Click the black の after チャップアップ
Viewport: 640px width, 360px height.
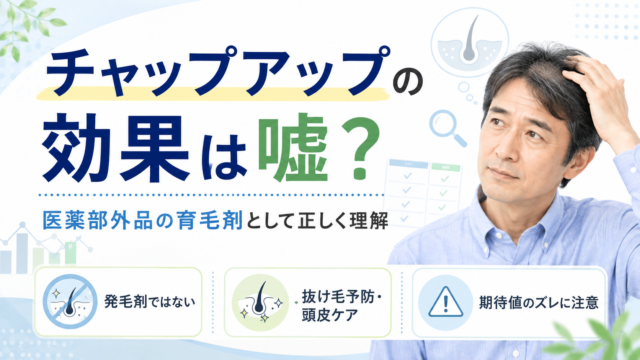click(x=408, y=83)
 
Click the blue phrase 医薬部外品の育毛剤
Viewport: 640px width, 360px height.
click(x=143, y=220)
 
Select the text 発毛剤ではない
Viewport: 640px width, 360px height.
click(x=150, y=302)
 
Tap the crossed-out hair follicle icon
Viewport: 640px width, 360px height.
click(x=70, y=301)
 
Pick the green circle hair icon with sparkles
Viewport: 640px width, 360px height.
click(x=260, y=302)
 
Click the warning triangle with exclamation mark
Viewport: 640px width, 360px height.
click(x=446, y=302)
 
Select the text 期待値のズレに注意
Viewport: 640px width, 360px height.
click(x=539, y=303)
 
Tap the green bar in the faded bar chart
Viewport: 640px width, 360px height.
click(x=70, y=253)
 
